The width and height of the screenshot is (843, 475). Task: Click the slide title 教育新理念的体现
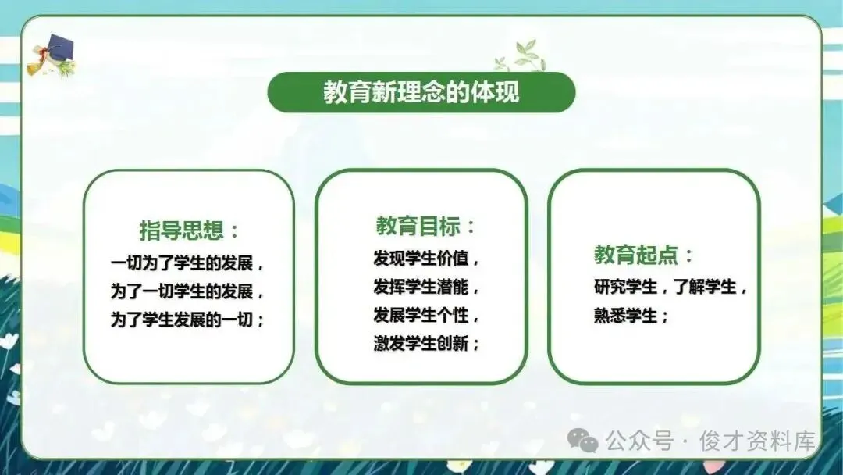[421, 92]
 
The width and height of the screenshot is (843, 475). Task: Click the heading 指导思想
[182, 230]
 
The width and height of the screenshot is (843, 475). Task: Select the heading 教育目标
[418, 226]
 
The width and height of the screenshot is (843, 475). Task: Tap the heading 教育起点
[636, 255]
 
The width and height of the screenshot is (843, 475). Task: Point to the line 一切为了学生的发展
[182, 263]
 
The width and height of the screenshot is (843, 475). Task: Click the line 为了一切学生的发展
[182, 291]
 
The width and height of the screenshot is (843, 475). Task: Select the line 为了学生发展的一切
[182, 320]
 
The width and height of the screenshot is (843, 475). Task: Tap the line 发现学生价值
[421, 259]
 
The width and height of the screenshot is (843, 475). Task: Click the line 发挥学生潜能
[421, 287]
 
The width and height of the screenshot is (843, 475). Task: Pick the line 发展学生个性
[421, 315]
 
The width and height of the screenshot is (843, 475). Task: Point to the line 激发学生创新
[421, 343]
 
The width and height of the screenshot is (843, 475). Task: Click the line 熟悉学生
[625, 315]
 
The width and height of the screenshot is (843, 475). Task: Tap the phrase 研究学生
[625, 287]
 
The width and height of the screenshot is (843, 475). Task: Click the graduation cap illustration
[52, 55]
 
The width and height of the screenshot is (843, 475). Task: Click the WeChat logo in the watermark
[583, 440]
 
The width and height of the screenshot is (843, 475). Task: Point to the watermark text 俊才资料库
[757, 441]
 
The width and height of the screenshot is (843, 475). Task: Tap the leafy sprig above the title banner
[521, 56]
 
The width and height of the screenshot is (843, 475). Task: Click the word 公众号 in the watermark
[639, 441]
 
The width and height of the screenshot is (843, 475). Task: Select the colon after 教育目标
[471, 227]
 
